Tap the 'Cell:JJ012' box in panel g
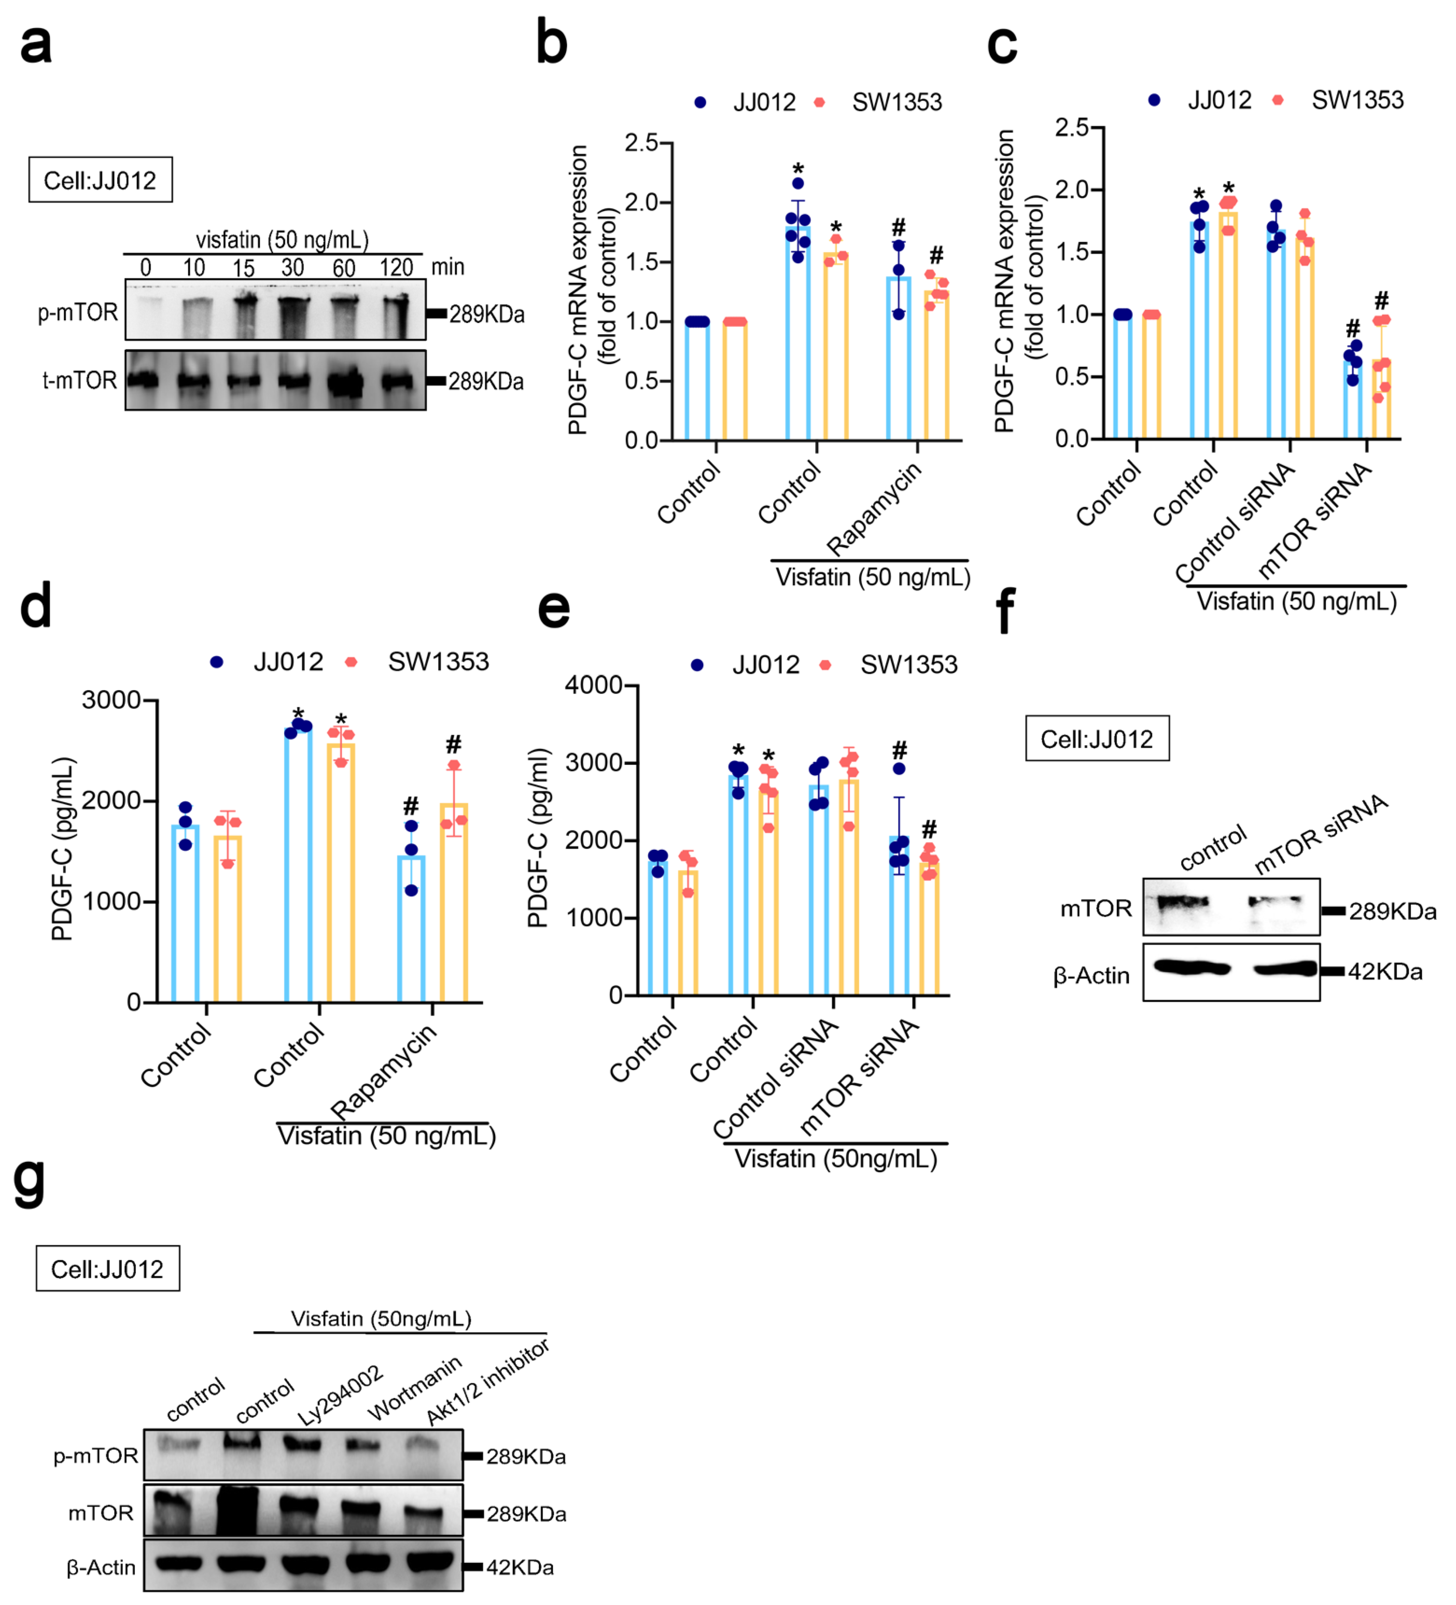click(x=108, y=1268)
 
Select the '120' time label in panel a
click(x=396, y=267)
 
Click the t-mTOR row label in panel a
click(x=79, y=381)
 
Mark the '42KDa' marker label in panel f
click(x=1385, y=971)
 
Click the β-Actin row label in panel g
click(x=101, y=1568)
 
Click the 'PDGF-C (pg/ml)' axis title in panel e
click(x=539, y=837)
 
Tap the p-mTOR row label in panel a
click(x=78, y=313)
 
